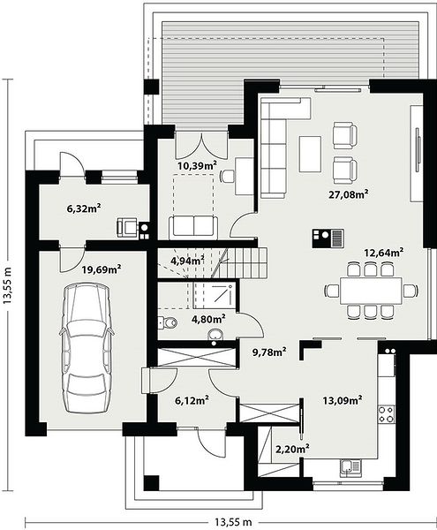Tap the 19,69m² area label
102,269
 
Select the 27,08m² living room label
348,194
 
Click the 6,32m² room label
85,208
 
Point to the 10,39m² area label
197,165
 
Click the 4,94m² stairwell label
187,261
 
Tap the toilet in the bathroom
167,322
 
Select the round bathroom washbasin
215,335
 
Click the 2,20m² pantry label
293,449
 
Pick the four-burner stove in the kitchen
386,414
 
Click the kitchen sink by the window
350,468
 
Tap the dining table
371,291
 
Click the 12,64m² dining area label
384,252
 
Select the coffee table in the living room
310,154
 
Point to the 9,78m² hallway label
269,352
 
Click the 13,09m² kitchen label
343,400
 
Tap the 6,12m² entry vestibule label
192,400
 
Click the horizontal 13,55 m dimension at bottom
233,522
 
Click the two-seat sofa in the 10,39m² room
193,225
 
